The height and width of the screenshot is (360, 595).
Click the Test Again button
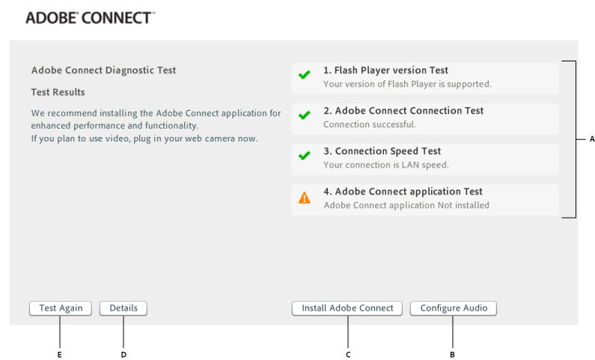(61, 308)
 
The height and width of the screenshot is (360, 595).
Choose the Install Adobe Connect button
(347, 308)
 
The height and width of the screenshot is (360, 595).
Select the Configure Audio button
(454, 308)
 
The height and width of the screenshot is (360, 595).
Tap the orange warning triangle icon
(304, 198)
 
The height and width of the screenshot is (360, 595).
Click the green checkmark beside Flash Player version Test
(304, 76)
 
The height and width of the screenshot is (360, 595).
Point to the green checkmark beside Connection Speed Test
(304, 156)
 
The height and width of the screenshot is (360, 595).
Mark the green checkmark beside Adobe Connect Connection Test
(304, 116)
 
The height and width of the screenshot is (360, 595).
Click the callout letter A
(591, 139)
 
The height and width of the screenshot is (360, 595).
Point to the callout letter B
(452, 354)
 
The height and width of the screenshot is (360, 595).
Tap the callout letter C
(348, 354)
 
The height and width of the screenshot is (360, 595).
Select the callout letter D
(123, 354)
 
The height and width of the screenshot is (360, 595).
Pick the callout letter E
(59, 354)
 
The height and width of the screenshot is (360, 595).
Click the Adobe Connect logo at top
(90, 18)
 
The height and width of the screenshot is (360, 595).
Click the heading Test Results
(58, 92)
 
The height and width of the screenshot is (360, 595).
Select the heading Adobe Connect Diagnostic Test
(103, 70)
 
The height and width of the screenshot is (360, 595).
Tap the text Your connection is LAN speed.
(385, 165)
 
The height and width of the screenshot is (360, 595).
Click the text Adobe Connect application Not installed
(406, 205)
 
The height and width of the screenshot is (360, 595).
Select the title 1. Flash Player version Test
(385, 70)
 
